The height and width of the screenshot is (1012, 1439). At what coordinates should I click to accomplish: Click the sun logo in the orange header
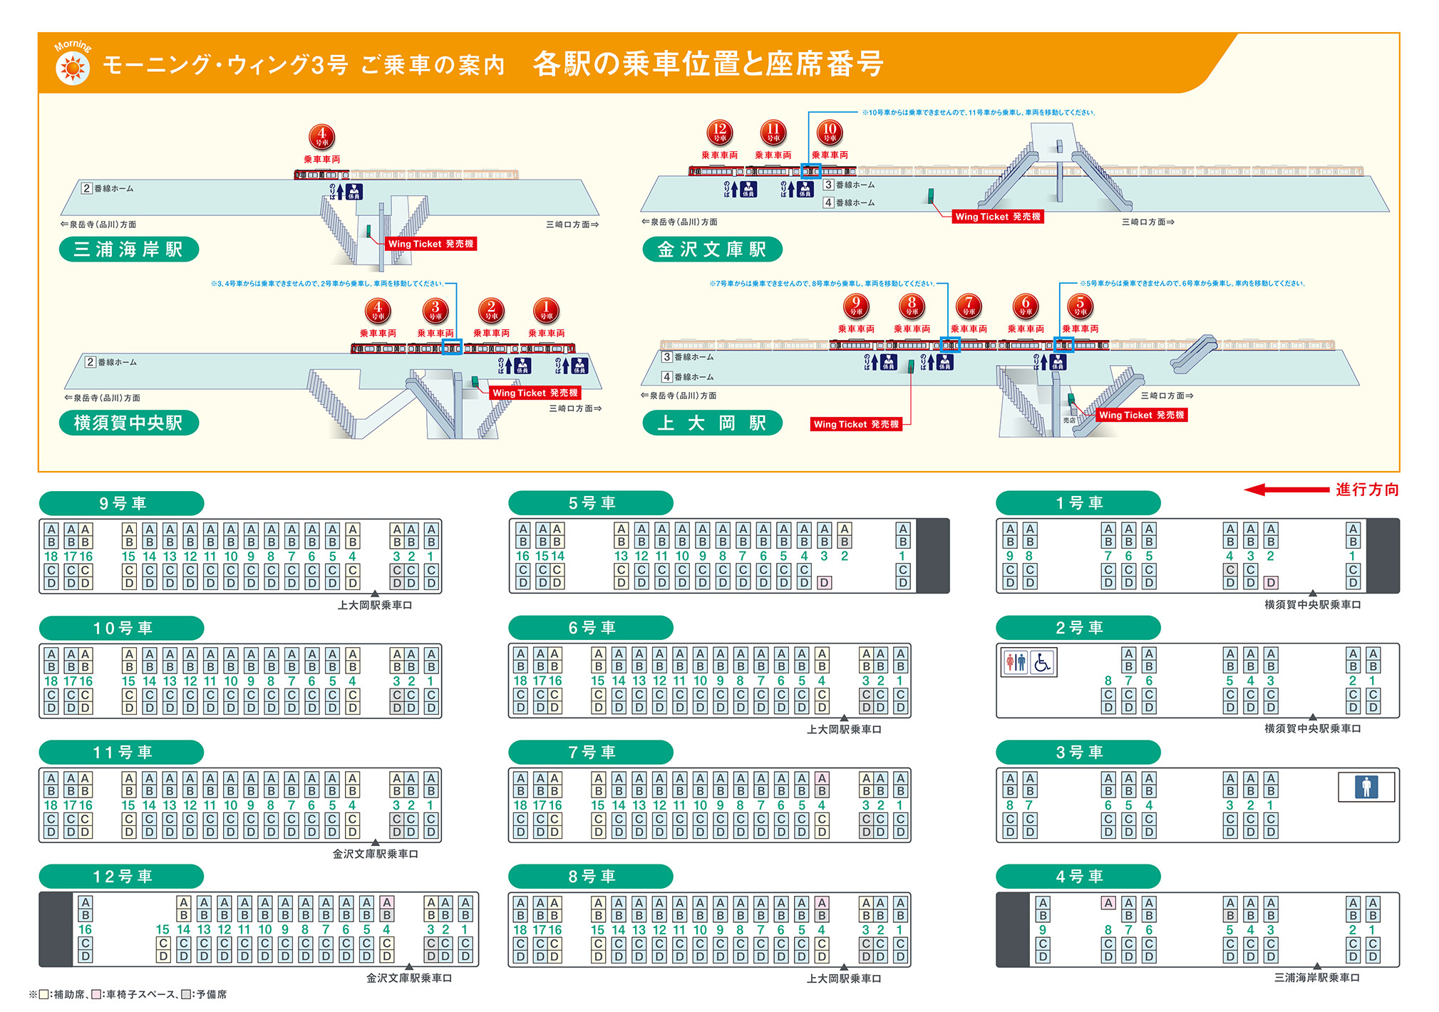pyautogui.click(x=72, y=68)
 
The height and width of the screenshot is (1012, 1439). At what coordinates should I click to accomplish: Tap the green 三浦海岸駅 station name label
pyautogui.click(x=128, y=249)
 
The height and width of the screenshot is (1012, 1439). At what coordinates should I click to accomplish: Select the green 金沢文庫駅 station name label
pyautogui.click(x=712, y=249)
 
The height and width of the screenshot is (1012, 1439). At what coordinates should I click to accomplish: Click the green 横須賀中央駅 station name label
pyautogui.click(x=128, y=423)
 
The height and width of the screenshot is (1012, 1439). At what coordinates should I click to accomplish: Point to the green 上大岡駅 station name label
pyautogui.click(x=712, y=423)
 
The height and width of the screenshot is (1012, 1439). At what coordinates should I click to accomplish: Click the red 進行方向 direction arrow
pyautogui.click(x=1286, y=490)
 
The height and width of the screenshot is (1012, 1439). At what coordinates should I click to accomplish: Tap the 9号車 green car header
pyautogui.click(x=122, y=503)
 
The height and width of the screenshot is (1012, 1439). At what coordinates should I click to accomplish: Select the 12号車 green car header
pyautogui.click(x=122, y=876)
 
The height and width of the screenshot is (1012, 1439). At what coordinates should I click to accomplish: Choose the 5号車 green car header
pyautogui.click(x=591, y=503)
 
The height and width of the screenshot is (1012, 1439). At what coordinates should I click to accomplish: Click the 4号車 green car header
pyautogui.click(x=1078, y=876)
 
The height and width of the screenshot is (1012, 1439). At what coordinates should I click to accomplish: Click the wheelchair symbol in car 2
pyautogui.click(x=1042, y=663)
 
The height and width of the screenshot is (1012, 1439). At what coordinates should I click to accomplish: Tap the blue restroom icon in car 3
pyautogui.click(x=1366, y=787)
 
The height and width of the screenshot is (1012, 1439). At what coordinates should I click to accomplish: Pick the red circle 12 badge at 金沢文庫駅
pyautogui.click(x=719, y=133)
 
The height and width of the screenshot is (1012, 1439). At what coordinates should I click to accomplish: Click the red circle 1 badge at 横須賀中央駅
pyautogui.click(x=546, y=311)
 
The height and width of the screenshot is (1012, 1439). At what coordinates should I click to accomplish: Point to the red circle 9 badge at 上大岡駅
pyautogui.click(x=855, y=306)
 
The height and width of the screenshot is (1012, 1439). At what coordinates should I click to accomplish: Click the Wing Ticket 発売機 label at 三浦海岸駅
pyautogui.click(x=430, y=244)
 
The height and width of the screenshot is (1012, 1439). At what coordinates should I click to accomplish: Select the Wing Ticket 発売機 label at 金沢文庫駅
pyautogui.click(x=998, y=217)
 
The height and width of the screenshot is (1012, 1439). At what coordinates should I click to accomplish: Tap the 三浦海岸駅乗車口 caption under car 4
pyautogui.click(x=1316, y=978)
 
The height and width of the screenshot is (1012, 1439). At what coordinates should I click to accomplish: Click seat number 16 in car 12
pyautogui.click(x=85, y=929)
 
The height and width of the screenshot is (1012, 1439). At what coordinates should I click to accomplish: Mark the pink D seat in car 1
pyautogui.click(x=1270, y=582)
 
